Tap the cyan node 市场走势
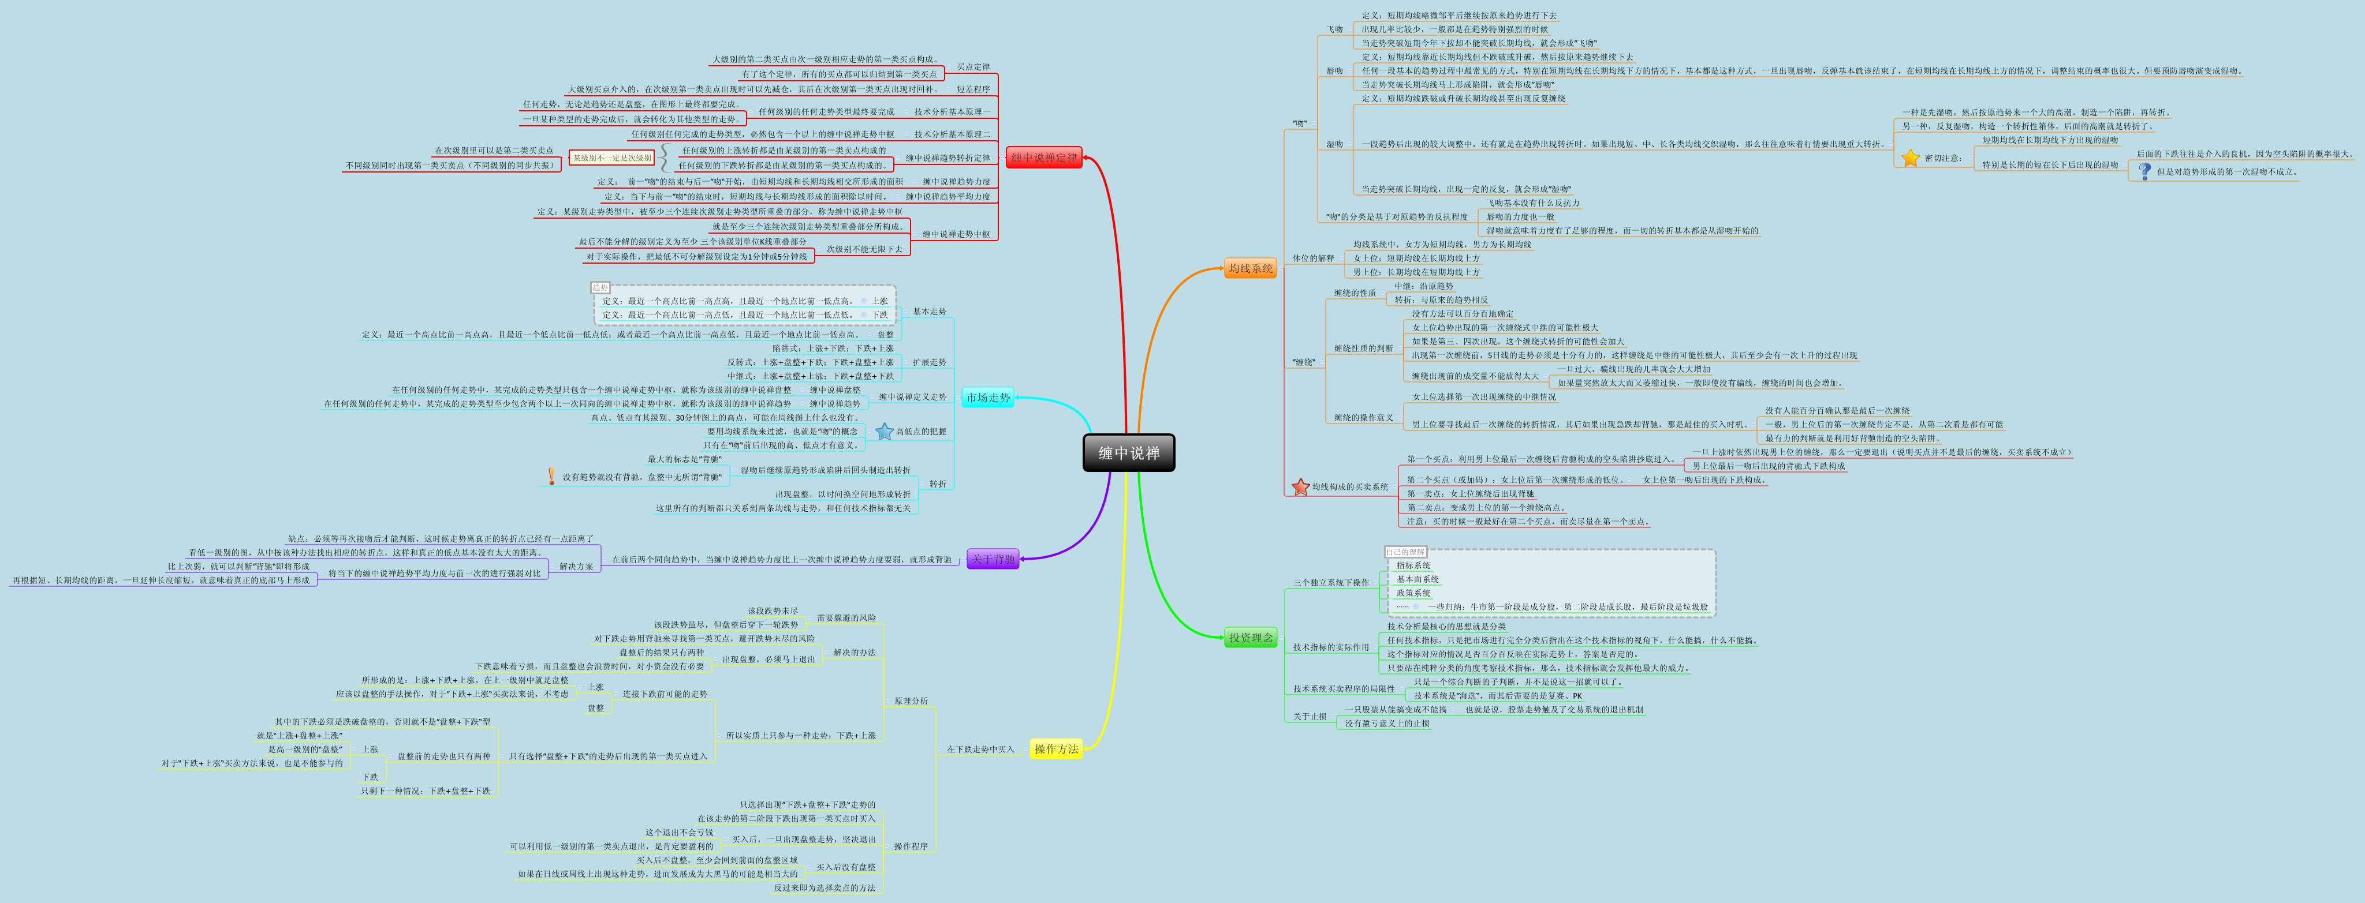click(988, 398)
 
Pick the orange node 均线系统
click(1251, 268)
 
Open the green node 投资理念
click(1251, 637)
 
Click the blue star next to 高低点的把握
click(884, 432)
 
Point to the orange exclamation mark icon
click(551, 476)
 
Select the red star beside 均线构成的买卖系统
click(1300, 486)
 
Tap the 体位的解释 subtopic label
click(1313, 258)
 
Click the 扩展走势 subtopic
click(929, 362)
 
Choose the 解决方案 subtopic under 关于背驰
click(577, 566)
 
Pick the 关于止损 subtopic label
click(1310, 716)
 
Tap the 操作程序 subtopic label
click(911, 846)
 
